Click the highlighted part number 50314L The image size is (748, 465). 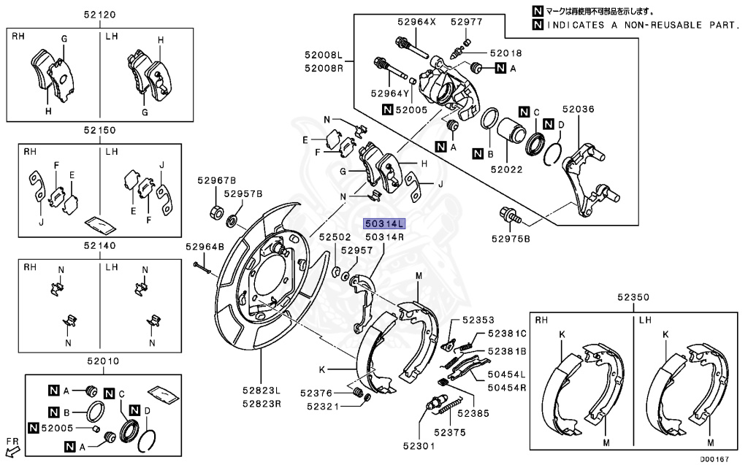(384, 224)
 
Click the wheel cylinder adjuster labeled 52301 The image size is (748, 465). (435, 405)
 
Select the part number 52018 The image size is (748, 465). (506, 53)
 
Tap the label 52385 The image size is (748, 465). (473, 413)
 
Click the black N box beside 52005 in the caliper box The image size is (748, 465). (387, 109)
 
